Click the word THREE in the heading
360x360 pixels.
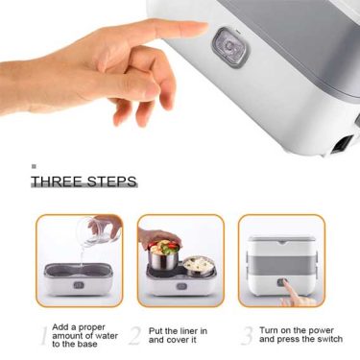tap(58, 181)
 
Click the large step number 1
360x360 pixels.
tap(44, 335)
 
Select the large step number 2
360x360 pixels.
tap(135, 335)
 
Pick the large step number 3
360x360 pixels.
tap(247, 335)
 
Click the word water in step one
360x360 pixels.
tap(106, 336)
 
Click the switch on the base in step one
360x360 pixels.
tap(79, 285)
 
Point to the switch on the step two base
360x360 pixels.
tap(181, 286)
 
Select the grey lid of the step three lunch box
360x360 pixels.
tap(281, 239)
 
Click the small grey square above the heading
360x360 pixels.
tap(34, 166)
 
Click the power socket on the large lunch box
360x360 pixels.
tap(343, 144)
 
